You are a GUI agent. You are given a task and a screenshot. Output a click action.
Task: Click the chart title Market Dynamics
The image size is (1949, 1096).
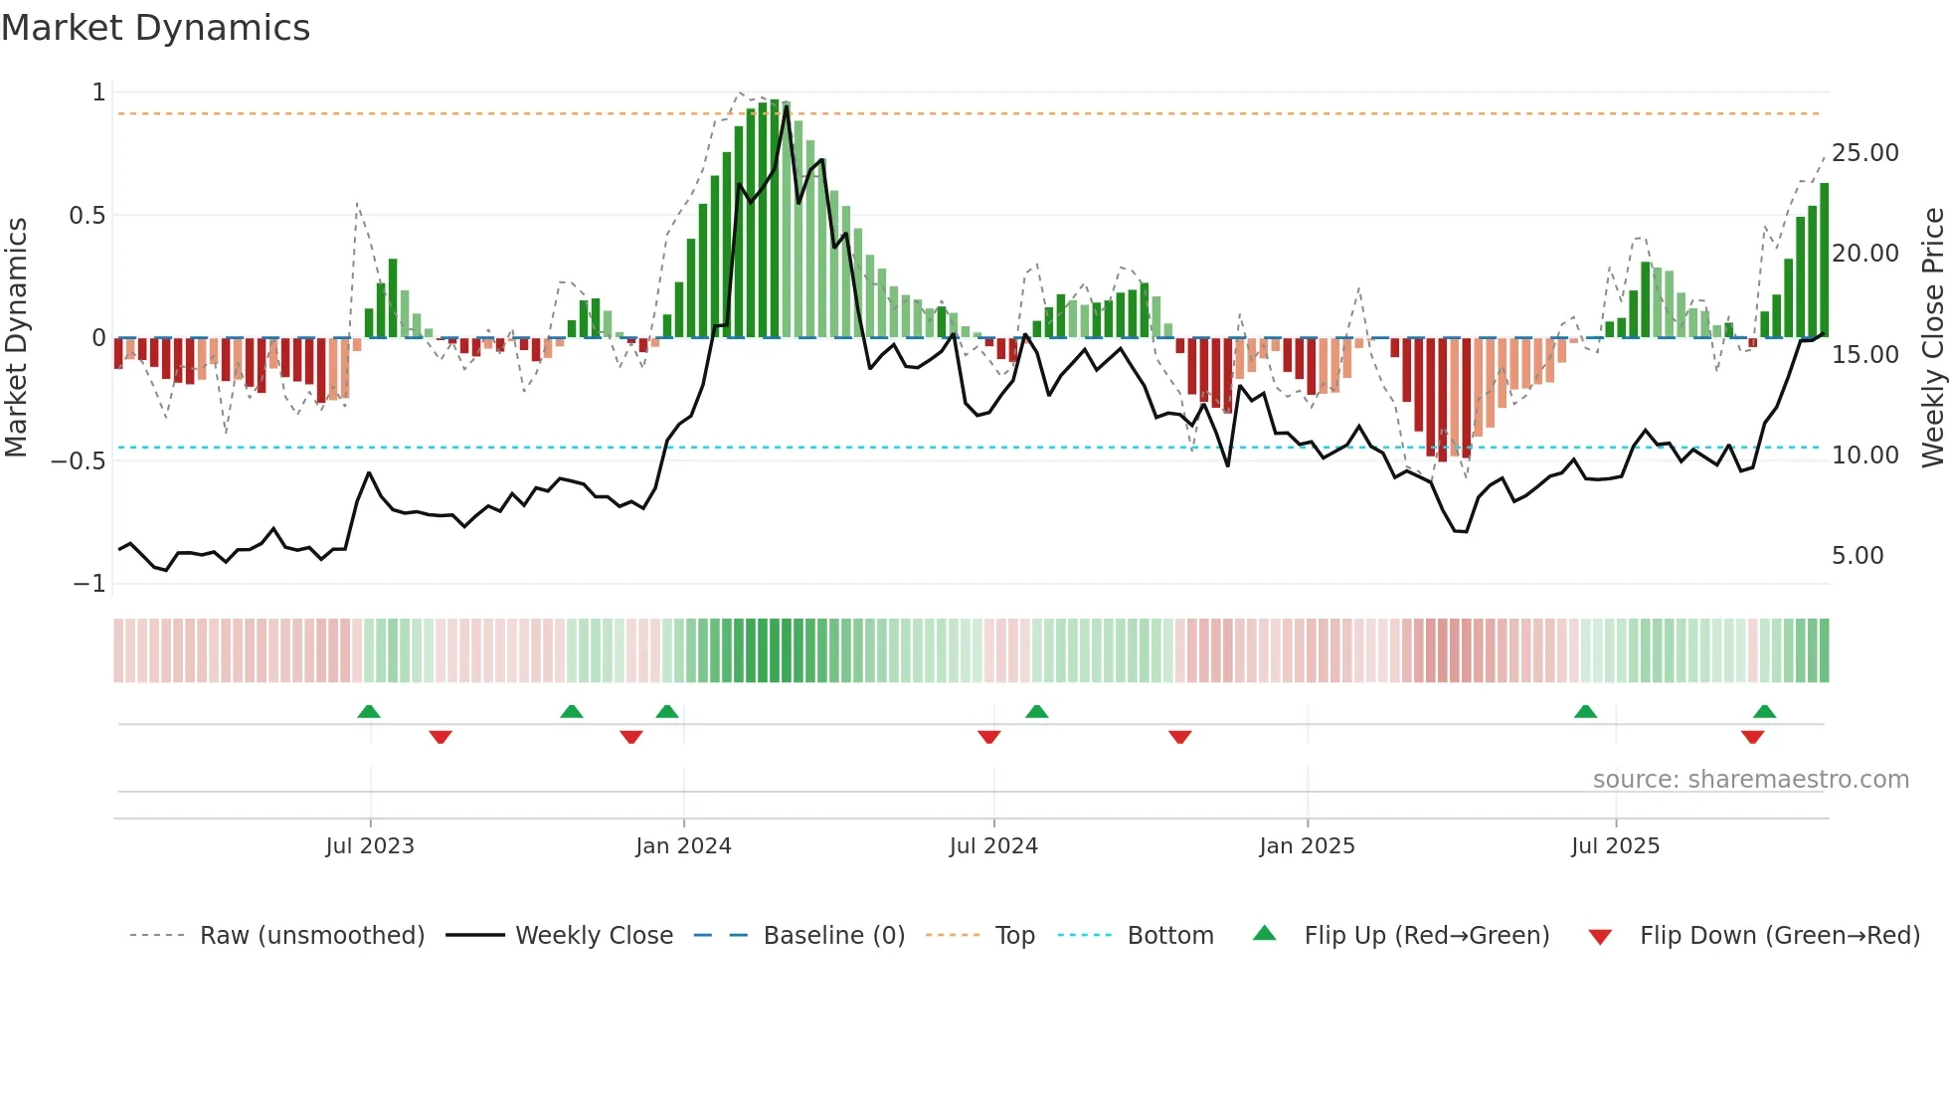click(x=156, y=28)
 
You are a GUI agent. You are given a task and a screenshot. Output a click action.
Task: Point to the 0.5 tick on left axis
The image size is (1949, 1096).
click(x=87, y=215)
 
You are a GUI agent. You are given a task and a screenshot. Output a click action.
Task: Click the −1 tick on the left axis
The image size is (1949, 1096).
click(x=89, y=584)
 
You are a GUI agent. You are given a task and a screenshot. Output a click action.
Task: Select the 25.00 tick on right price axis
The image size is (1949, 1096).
click(x=1864, y=153)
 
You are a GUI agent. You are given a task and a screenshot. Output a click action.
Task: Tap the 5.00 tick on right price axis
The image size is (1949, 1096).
click(x=1858, y=556)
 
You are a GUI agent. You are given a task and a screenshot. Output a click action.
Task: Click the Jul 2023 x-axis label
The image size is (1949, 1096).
click(x=370, y=846)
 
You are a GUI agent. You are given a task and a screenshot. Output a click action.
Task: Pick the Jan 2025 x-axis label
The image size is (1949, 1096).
click(x=1307, y=846)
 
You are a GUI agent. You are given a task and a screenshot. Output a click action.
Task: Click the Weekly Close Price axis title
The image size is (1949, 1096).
click(x=1932, y=338)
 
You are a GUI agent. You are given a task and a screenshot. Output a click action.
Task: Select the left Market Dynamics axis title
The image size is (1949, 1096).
click(x=17, y=338)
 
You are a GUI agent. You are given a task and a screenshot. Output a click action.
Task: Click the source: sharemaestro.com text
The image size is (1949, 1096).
click(x=1750, y=780)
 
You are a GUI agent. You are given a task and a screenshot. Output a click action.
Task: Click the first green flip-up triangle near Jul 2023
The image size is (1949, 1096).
click(x=369, y=712)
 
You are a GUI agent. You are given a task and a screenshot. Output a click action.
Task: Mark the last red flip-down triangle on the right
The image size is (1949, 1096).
click(x=1752, y=737)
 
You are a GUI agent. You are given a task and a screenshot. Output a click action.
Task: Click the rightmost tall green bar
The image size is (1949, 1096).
click(x=1824, y=261)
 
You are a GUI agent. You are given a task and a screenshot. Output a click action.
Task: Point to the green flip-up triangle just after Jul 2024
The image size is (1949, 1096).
click(x=1036, y=712)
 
